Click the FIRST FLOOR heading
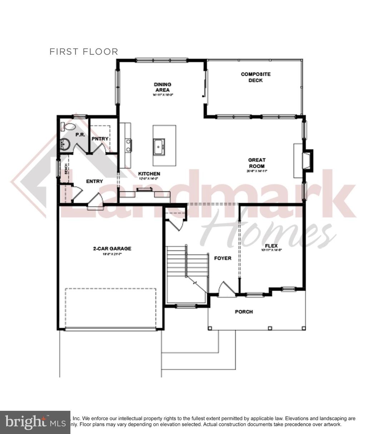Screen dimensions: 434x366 (x=84, y=52)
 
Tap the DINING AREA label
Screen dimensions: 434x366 (x=163, y=87)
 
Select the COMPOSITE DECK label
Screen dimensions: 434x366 (x=256, y=77)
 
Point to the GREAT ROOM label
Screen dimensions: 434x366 (x=257, y=163)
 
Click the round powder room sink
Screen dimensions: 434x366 (x=65, y=144)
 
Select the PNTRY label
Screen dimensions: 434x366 (x=100, y=139)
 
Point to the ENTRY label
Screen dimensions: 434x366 (x=94, y=181)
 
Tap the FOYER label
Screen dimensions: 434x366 (x=222, y=258)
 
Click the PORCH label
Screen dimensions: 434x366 (x=244, y=312)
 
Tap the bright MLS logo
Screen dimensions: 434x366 (x=35, y=422)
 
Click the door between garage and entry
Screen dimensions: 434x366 (x=95, y=200)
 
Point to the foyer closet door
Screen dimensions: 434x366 (x=176, y=225)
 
